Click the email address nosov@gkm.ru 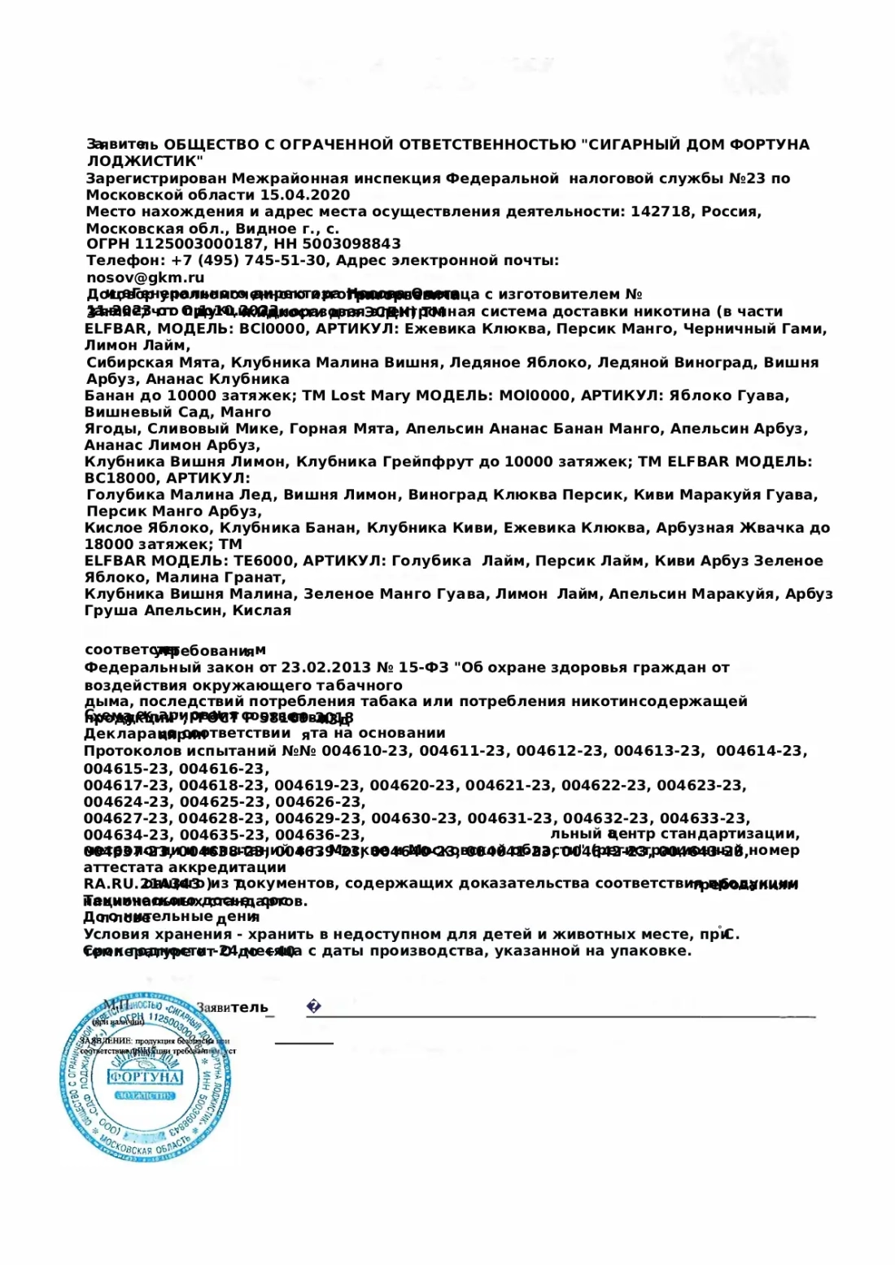point(145,277)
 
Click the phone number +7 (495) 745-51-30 point(248,261)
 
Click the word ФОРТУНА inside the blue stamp point(146,1077)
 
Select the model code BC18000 point(120,478)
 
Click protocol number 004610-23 point(365,752)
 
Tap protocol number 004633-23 point(705,818)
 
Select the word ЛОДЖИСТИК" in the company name point(145,161)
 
